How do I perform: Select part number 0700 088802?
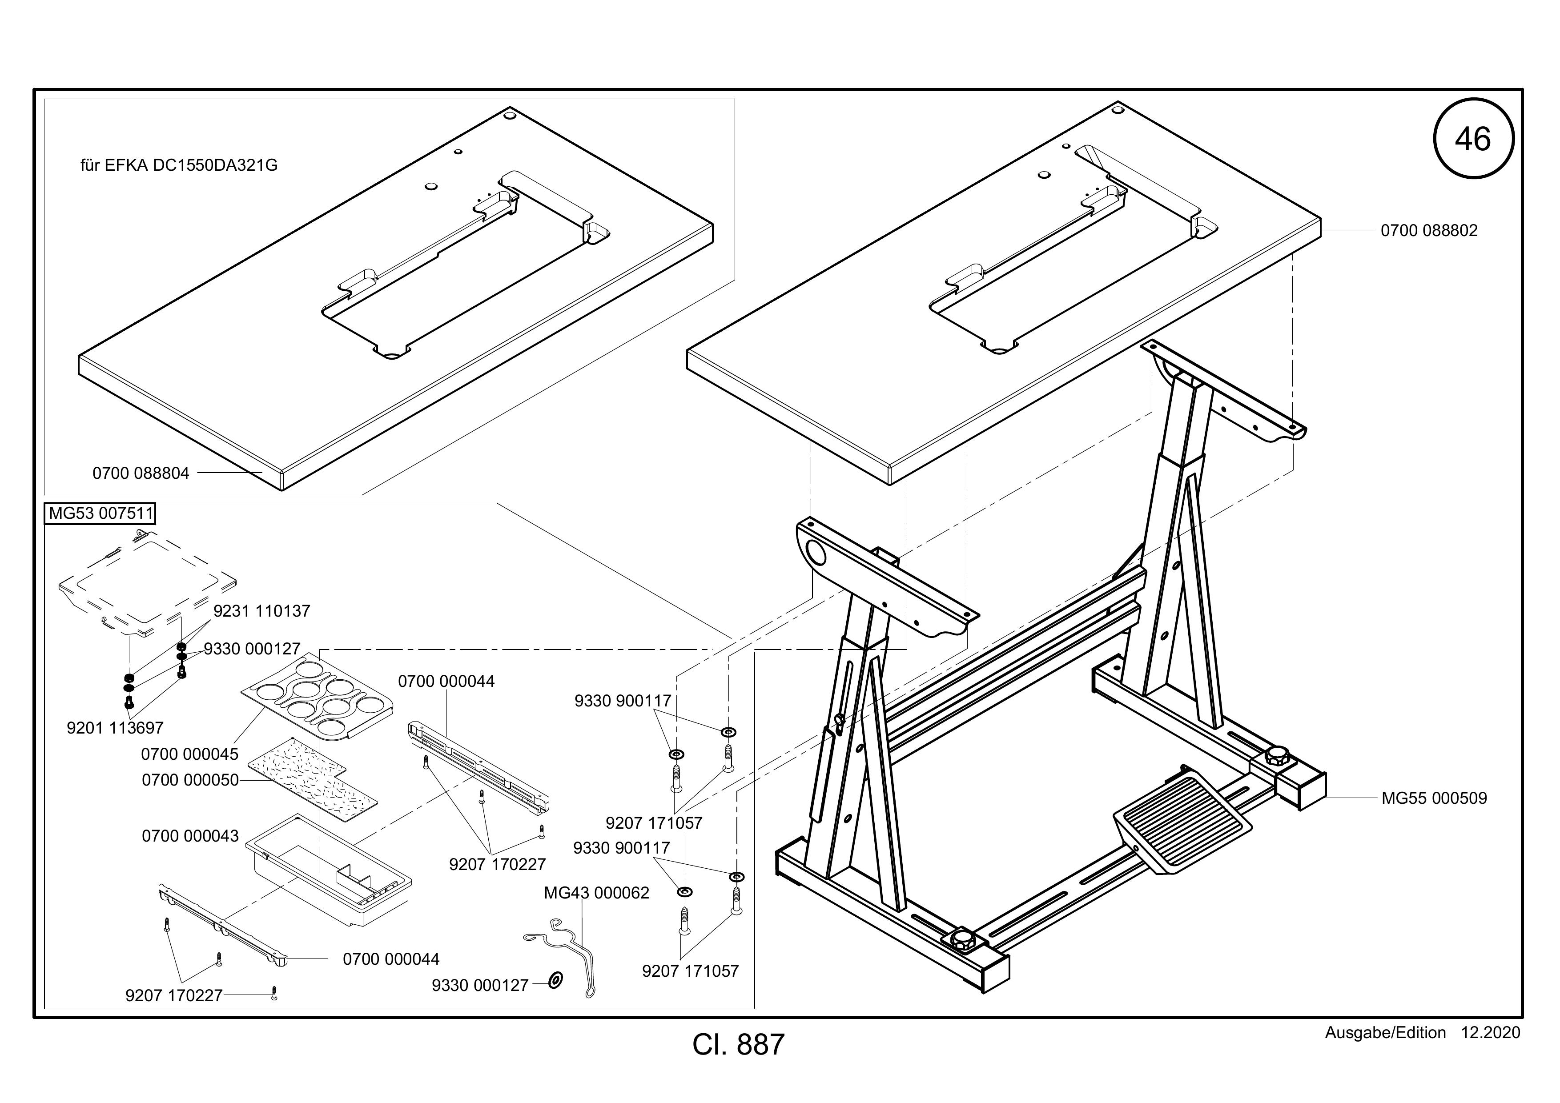point(1429,230)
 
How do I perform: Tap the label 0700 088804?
point(141,473)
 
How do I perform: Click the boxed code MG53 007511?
point(100,513)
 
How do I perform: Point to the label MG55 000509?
point(1434,798)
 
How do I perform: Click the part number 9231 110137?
point(261,611)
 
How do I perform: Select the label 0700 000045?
point(189,754)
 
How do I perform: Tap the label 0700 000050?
point(190,780)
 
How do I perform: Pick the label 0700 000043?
point(190,836)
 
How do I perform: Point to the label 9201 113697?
point(115,728)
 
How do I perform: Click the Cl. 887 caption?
point(739,1045)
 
